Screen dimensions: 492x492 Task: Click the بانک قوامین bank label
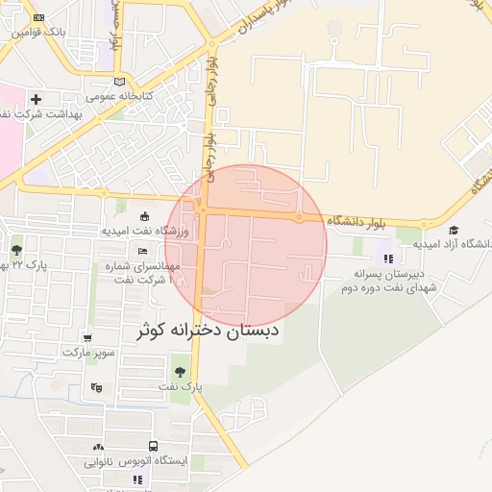(x=39, y=32)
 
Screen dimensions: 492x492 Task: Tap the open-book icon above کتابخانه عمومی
(x=119, y=82)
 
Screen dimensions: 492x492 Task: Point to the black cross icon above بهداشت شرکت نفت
(x=37, y=99)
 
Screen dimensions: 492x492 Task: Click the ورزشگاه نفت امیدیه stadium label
(x=149, y=231)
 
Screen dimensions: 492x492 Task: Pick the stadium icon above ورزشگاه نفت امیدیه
(x=144, y=216)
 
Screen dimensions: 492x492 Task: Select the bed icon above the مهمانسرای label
(x=143, y=251)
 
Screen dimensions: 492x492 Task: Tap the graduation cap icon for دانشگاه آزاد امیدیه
(x=454, y=230)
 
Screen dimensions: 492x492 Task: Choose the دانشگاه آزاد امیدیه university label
(x=453, y=244)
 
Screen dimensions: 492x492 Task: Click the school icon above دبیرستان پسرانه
(x=388, y=258)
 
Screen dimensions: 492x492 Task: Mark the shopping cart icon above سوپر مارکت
(x=88, y=338)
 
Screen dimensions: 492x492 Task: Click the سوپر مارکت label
(x=88, y=353)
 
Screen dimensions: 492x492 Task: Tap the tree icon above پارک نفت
(x=180, y=372)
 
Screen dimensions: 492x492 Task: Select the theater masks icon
(x=95, y=387)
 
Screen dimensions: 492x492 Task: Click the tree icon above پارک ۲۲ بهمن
(x=16, y=252)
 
